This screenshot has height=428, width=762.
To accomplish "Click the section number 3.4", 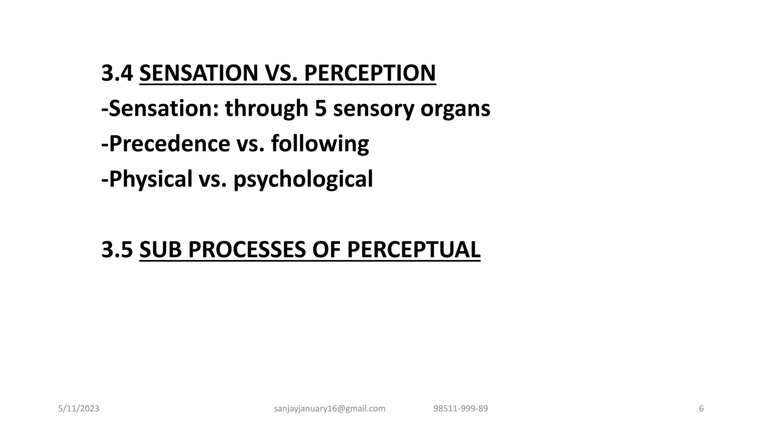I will pos(117,73).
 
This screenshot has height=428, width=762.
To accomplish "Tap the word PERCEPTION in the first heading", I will pos(370,73).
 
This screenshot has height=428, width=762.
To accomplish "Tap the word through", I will pos(266,109).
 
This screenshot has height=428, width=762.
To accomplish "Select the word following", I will pos(320,144).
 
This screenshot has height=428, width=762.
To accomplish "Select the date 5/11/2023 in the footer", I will pos(79,409).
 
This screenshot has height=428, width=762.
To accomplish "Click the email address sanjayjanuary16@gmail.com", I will pos(330,409).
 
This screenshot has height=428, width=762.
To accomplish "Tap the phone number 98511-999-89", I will pos(461,409).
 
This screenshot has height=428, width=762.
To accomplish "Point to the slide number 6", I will pos(701,409).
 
